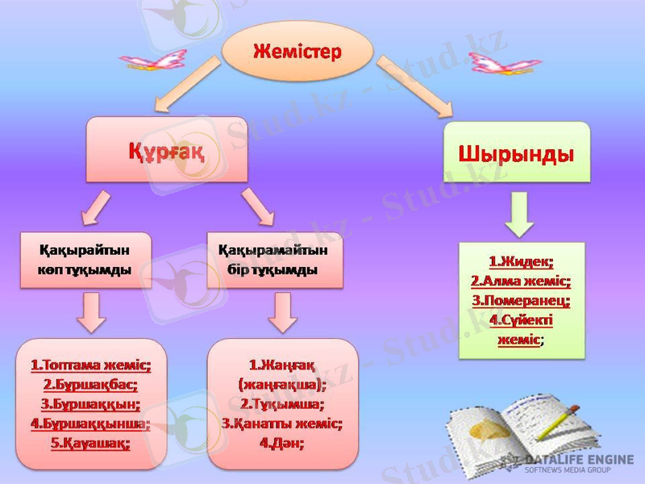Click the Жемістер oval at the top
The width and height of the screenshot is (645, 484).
pyautogui.click(x=298, y=52)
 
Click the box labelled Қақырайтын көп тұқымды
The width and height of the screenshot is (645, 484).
pyautogui.click(x=85, y=260)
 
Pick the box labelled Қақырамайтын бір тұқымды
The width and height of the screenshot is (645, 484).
pyautogui.click(x=274, y=260)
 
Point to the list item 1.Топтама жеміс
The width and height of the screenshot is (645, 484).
pyautogui.click(x=90, y=365)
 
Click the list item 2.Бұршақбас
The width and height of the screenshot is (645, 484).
pyautogui.click(x=90, y=384)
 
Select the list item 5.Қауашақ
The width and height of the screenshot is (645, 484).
pyautogui.click(x=90, y=443)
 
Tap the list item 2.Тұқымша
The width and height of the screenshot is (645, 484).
pyautogui.click(x=282, y=403)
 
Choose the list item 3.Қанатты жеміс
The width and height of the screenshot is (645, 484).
pyautogui.click(x=282, y=423)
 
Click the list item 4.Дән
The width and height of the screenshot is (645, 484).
pyautogui.click(x=282, y=442)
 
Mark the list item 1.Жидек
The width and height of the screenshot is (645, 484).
pyautogui.click(x=521, y=261)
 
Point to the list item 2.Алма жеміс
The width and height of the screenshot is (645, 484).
pyautogui.click(x=521, y=281)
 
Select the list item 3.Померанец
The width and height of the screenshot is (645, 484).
pyautogui.click(x=521, y=300)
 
